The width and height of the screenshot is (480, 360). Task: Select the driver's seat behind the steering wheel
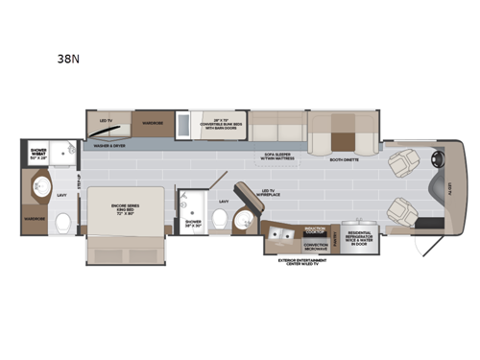pos(400,161)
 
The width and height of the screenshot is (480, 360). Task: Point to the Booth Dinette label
pos(343,159)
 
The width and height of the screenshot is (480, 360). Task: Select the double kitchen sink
pos(284,235)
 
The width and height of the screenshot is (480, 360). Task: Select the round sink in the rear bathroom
pos(41,185)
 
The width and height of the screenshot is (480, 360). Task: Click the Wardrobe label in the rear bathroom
pos(36,218)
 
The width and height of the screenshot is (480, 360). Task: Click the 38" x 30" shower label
pos(193,223)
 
